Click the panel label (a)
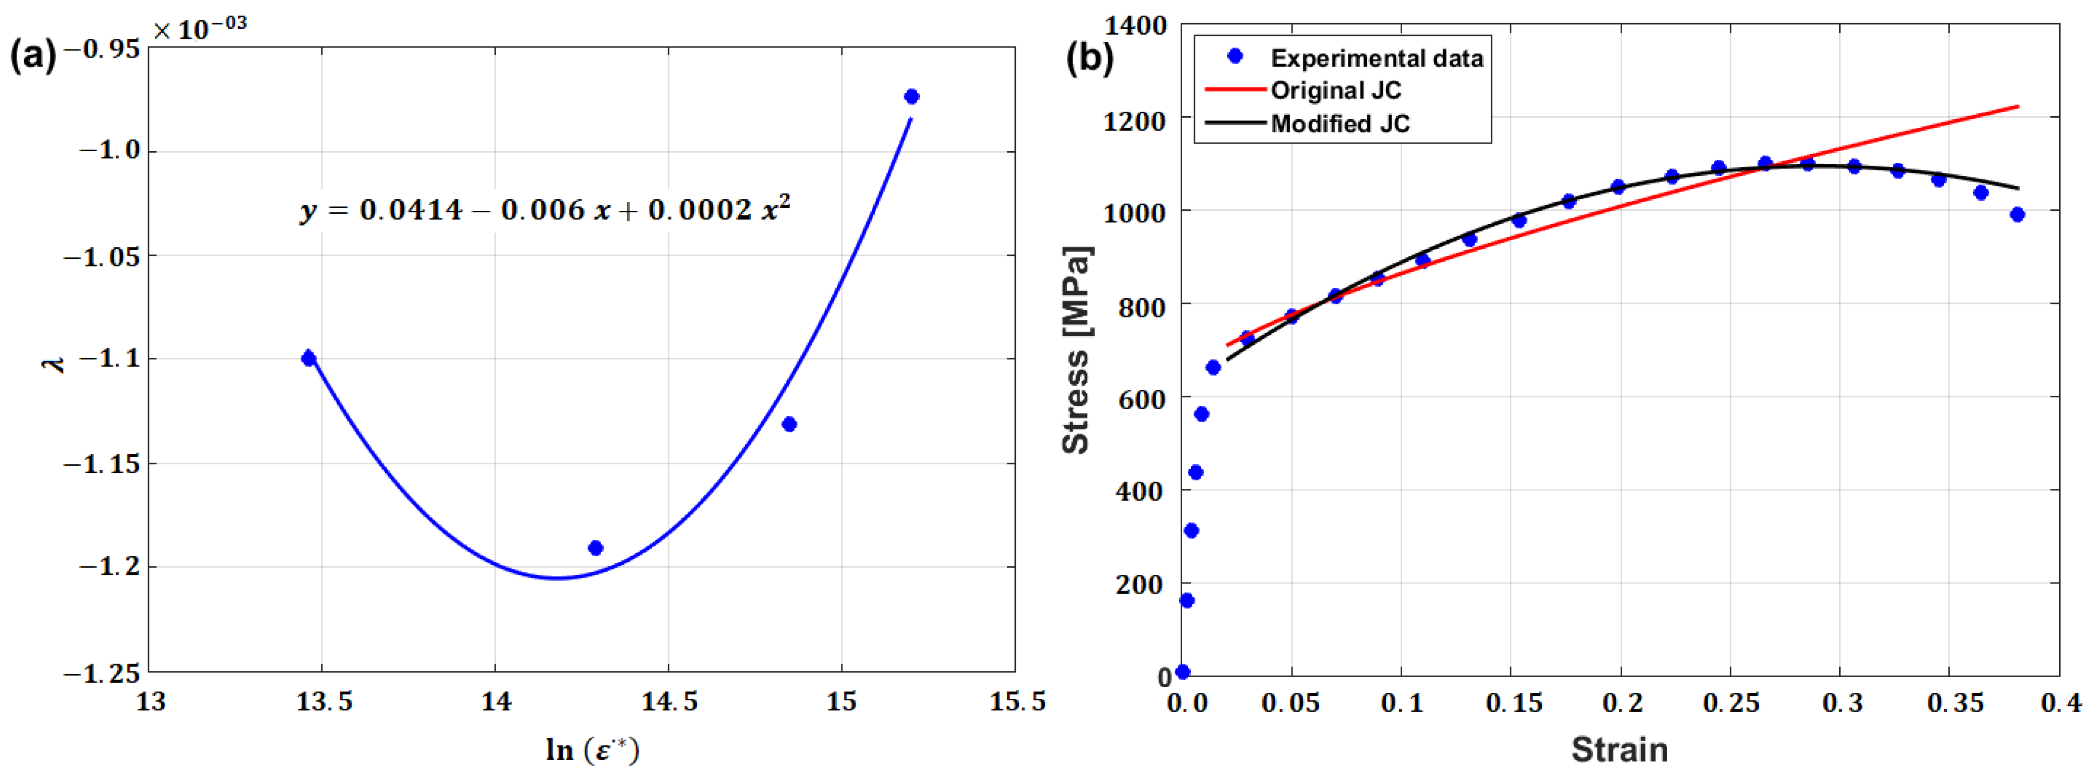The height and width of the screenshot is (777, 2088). click(x=33, y=57)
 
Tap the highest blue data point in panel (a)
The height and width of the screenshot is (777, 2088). click(x=911, y=97)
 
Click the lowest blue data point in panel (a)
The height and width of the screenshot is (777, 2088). click(x=595, y=548)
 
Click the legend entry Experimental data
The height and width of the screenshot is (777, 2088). click(x=1376, y=58)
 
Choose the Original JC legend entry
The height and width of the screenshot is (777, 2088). click(x=1335, y=90)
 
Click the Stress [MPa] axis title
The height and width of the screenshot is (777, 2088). click(x=1076, y=350)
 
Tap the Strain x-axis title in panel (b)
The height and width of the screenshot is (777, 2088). click(x=1620, y=750)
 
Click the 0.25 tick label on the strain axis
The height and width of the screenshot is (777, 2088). click(x=1731, y=703)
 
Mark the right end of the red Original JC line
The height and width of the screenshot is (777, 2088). click(x=2017, y=106)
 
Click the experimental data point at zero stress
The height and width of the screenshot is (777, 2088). click(x=1183, y=672)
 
